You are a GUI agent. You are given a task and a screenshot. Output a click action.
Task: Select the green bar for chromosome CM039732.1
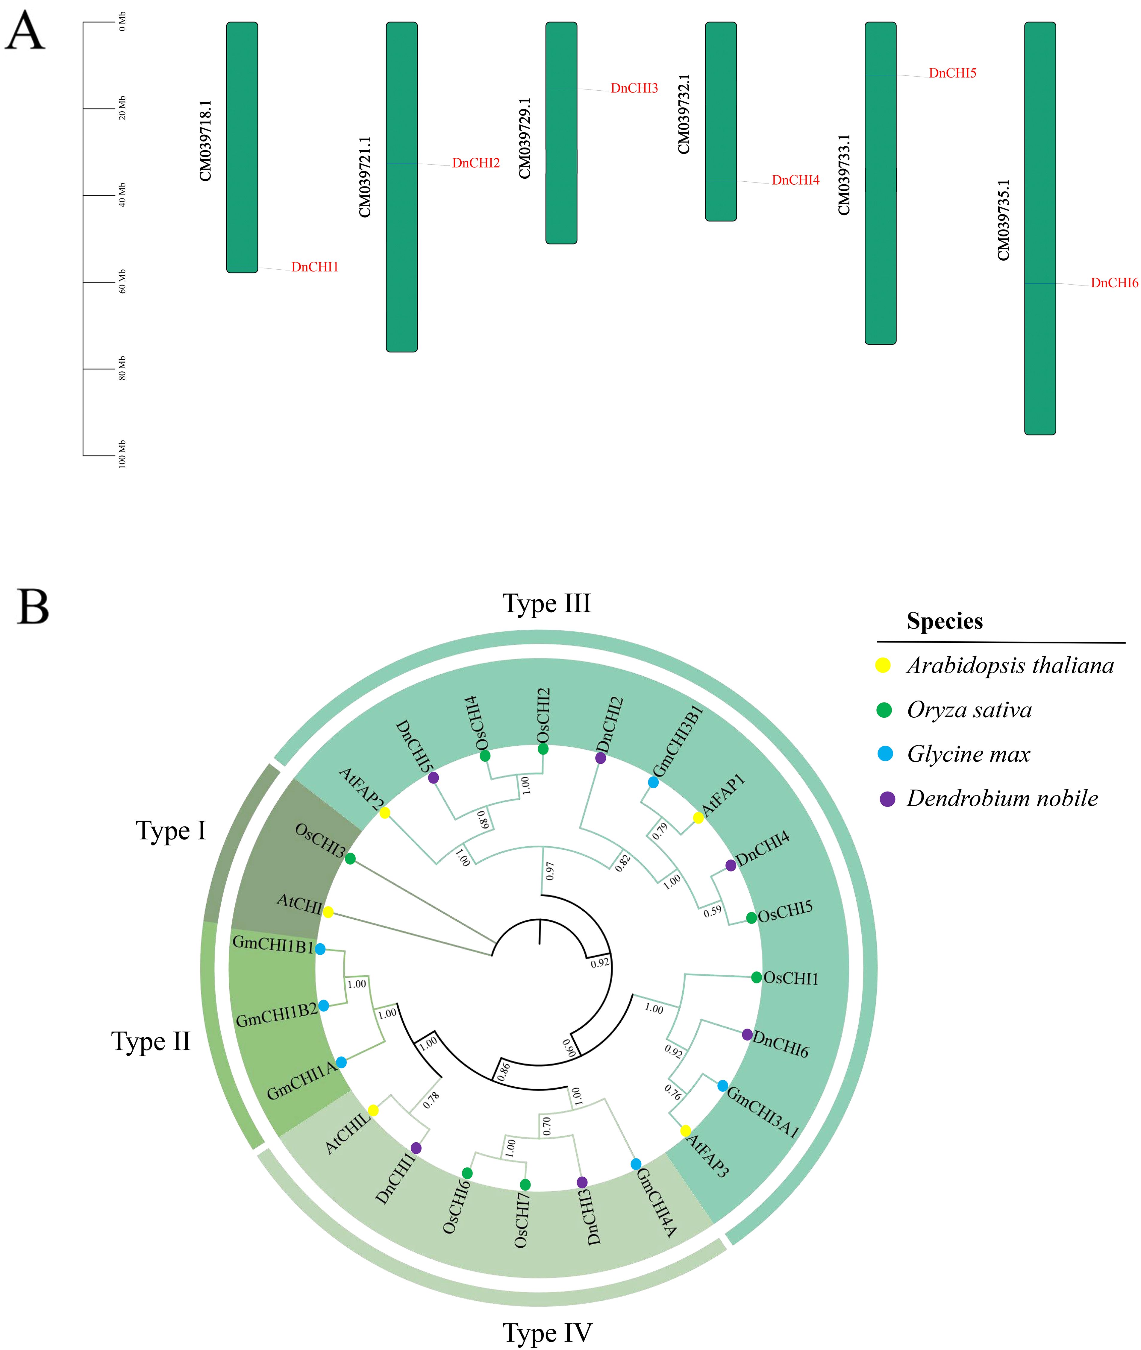tap(721, 122)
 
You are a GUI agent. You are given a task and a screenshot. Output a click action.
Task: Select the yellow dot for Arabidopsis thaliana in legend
tap(883, 665)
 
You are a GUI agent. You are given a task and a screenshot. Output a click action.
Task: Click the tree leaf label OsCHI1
tap(790, 978)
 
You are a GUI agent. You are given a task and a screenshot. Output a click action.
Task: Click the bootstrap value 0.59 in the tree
tap(712, 911)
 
